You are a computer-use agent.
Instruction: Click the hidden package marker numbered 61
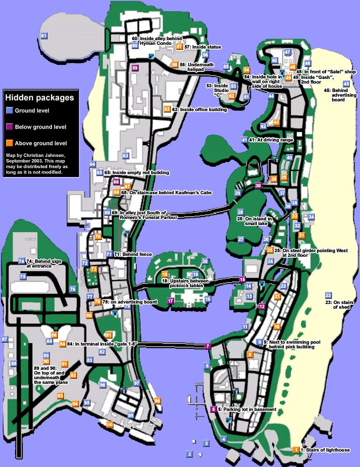44,36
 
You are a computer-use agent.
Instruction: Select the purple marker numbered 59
135,68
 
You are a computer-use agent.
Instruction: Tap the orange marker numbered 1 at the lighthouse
296,450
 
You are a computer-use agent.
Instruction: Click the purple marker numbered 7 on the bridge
208,346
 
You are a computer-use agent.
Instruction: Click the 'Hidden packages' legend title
40,98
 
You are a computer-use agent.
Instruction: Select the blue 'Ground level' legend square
9,111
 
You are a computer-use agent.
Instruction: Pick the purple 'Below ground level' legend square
9,127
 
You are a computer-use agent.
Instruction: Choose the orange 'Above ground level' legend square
9,143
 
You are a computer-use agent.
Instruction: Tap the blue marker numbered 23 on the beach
328,295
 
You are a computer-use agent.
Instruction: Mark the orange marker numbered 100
110,425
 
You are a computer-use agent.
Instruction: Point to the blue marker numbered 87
5,339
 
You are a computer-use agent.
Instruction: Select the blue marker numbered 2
189,453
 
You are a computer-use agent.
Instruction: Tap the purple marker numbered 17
170,301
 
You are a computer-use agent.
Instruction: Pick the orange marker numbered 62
167,109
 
